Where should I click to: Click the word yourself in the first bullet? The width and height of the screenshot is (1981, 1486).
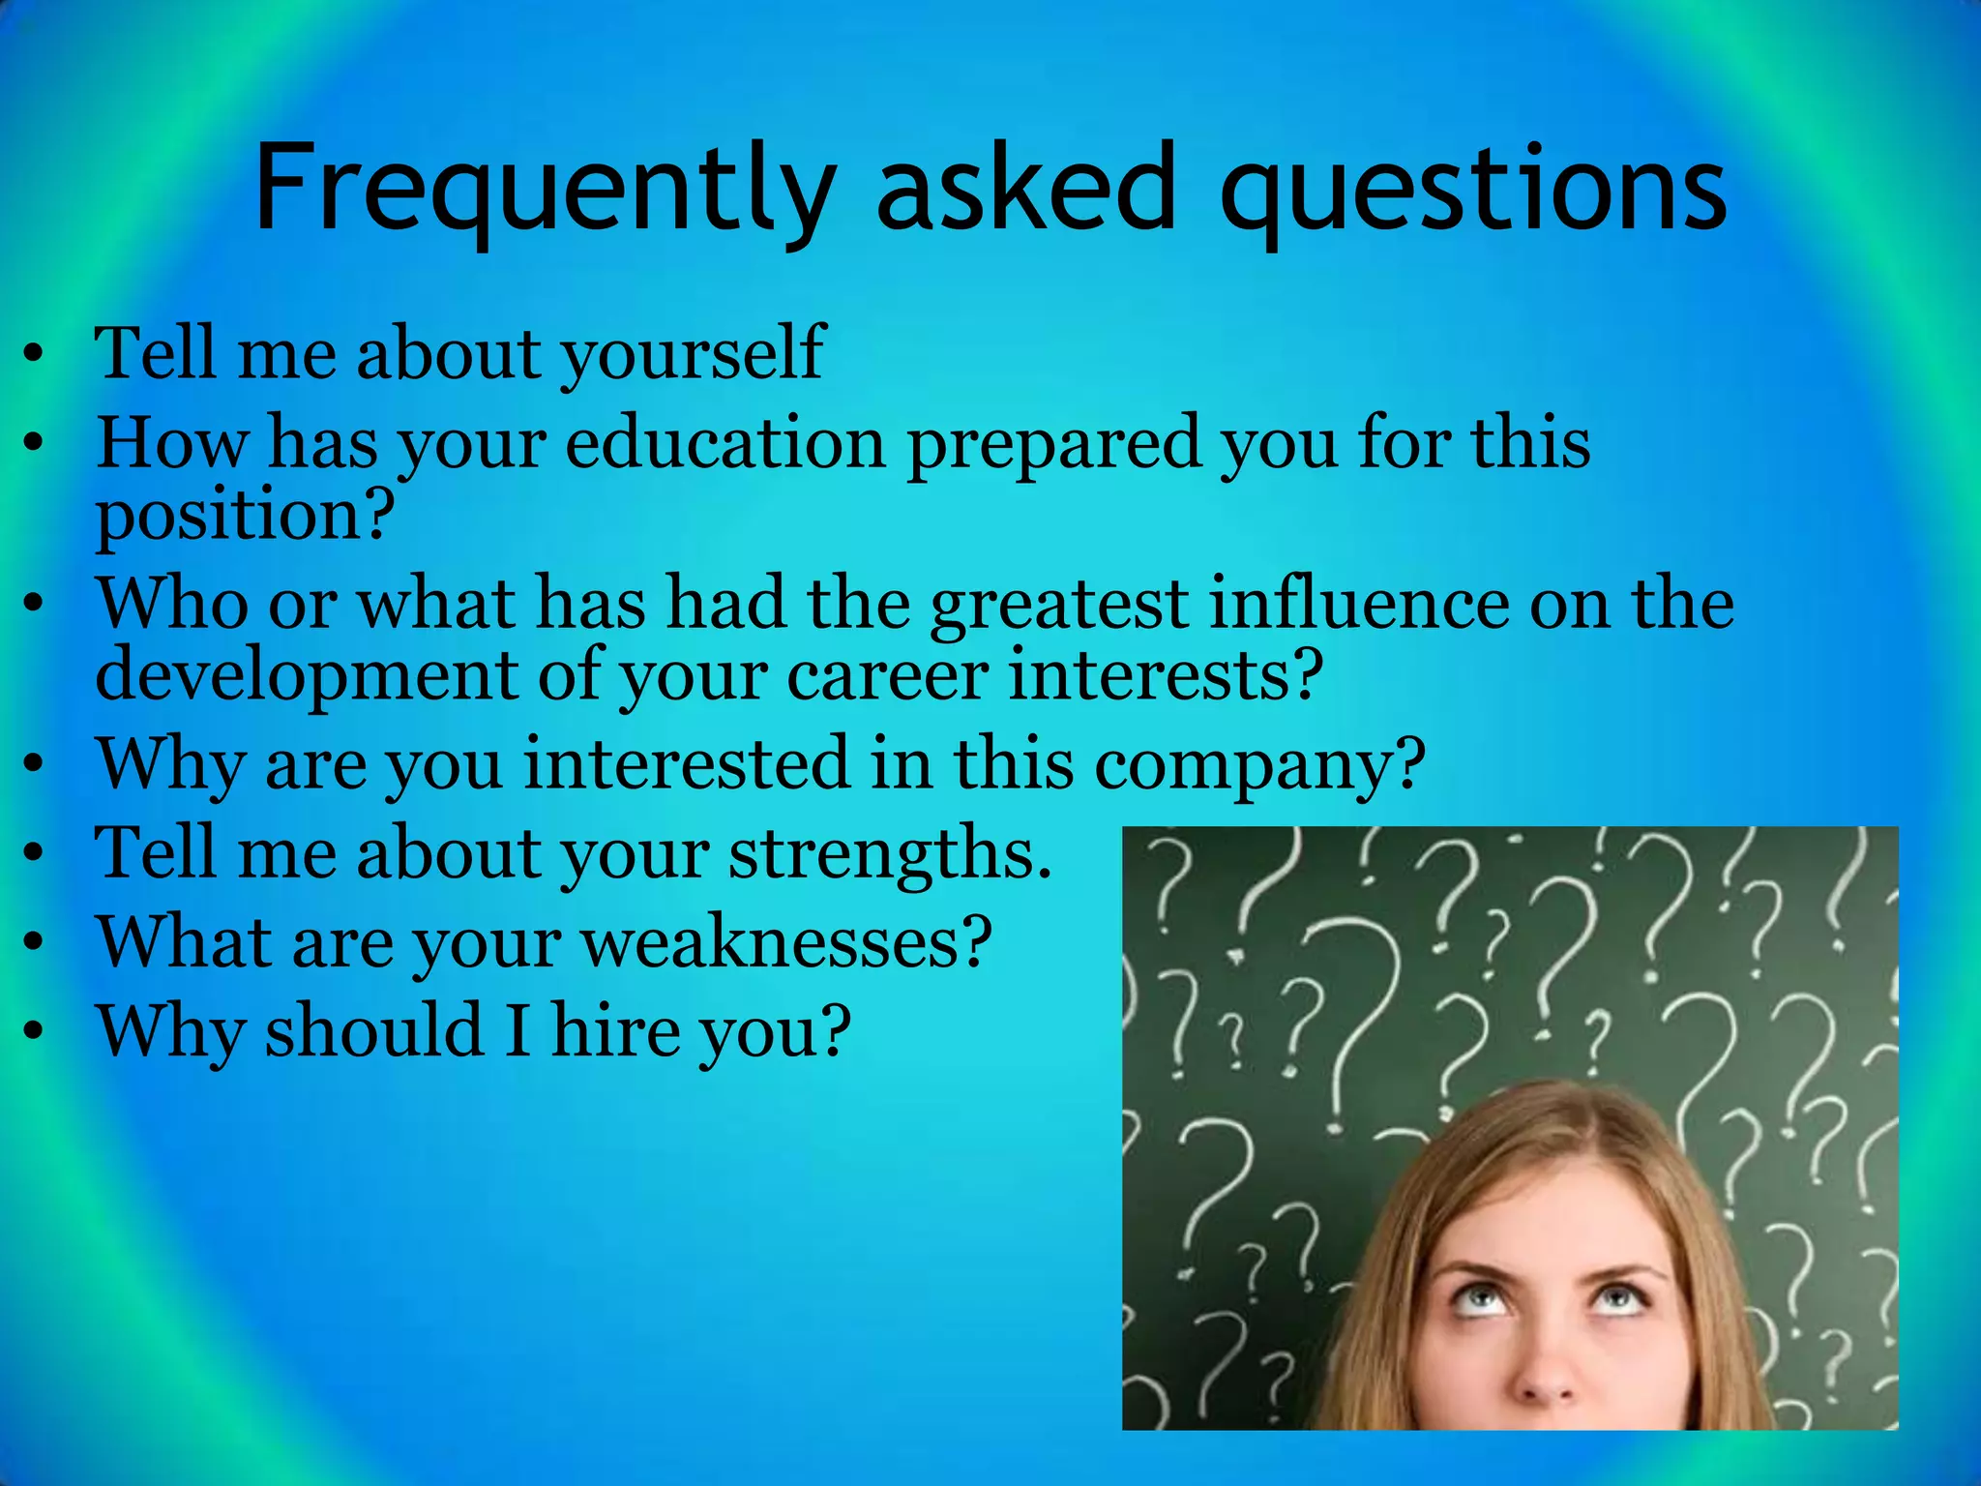coord(693,354)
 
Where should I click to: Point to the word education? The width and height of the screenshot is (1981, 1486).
coord(725,443)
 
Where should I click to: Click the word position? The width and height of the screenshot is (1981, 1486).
coord(245,517)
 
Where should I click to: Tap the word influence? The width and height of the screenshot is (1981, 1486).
coord(1359,604)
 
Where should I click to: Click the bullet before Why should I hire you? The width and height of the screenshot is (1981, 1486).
coord(34,1032)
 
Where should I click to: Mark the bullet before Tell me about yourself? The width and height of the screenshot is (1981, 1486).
coord(34,355)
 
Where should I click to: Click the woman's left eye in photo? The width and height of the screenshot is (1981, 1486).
coord(1622,1295)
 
